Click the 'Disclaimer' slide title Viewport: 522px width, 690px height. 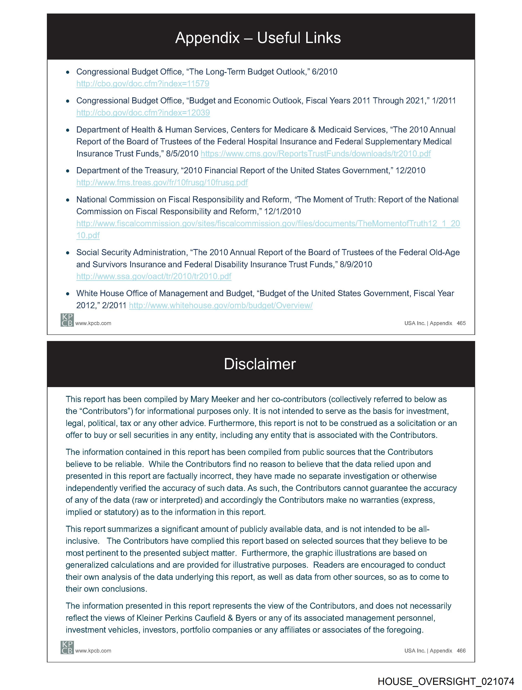tap(260, 364)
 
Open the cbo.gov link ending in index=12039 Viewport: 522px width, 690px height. tap(143, 113)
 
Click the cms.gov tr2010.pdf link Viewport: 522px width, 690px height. tap(316, 154)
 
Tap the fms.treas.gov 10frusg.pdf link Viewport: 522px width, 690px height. tap(162, 182)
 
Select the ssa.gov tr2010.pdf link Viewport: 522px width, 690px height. tap(154, 276)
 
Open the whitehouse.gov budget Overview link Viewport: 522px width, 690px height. tap(221, 305)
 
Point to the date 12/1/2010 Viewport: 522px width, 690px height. tap(282, 212)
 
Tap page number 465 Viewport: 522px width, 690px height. tap(461, 323)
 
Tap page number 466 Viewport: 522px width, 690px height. tap(461, 651)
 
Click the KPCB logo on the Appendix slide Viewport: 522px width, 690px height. tap(67, 320)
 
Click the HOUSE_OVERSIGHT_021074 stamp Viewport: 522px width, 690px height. tap(446, 681)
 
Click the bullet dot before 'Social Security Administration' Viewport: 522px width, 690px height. tap(68, 253)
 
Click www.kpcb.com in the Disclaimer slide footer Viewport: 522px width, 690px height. tap(93, 651)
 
